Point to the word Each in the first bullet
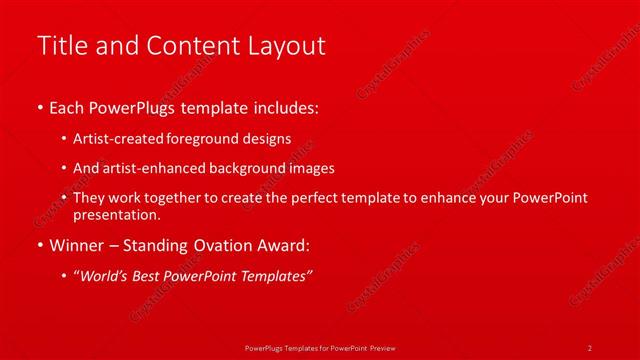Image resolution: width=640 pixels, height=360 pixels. click(x=67, y=106)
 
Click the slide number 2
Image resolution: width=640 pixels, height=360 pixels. click(x=589, y=347)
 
